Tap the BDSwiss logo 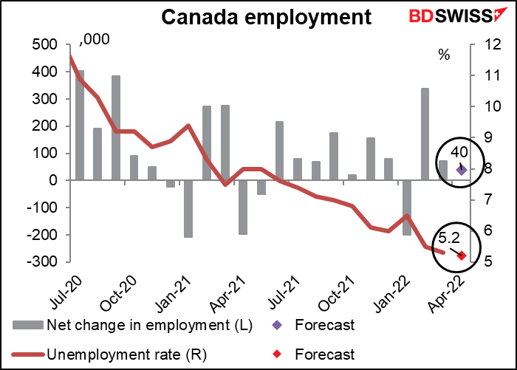(453, 17)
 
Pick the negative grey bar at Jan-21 (188, 208)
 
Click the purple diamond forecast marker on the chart (461, 170)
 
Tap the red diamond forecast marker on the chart (462, 256)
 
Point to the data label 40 (458, 151)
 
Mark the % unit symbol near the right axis (444, 55)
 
